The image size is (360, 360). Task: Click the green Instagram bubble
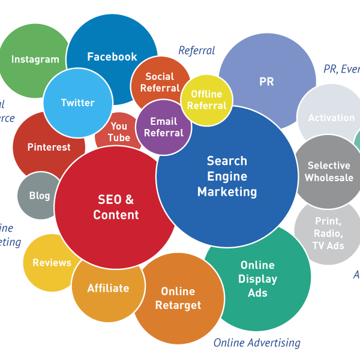coord(35,59)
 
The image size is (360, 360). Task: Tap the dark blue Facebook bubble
coord(112,56)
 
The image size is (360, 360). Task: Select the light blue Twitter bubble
coord(77,103)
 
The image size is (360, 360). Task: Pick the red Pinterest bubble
coord(49,147)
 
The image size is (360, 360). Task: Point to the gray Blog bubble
coord(39,196)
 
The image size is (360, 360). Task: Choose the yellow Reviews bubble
coord(52,263)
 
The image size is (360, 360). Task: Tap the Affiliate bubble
coord(108,289)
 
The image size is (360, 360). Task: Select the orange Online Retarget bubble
coord(178,298)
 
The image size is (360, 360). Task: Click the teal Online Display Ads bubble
coord(257,278)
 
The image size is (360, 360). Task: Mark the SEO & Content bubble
coord(116,207)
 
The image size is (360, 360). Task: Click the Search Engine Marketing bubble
coord(227,176)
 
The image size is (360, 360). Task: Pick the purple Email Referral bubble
coord(164,127)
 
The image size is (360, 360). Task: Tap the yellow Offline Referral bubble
coord(207,100)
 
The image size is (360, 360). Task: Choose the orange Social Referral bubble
coord(159,82)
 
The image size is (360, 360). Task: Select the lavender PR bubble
coord(266,82)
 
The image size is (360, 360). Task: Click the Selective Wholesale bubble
coord(329,172)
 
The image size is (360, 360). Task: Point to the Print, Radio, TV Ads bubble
coord(328,233)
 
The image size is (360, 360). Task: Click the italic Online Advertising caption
coord(257,343)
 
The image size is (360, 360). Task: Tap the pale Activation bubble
coord(331,118)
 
